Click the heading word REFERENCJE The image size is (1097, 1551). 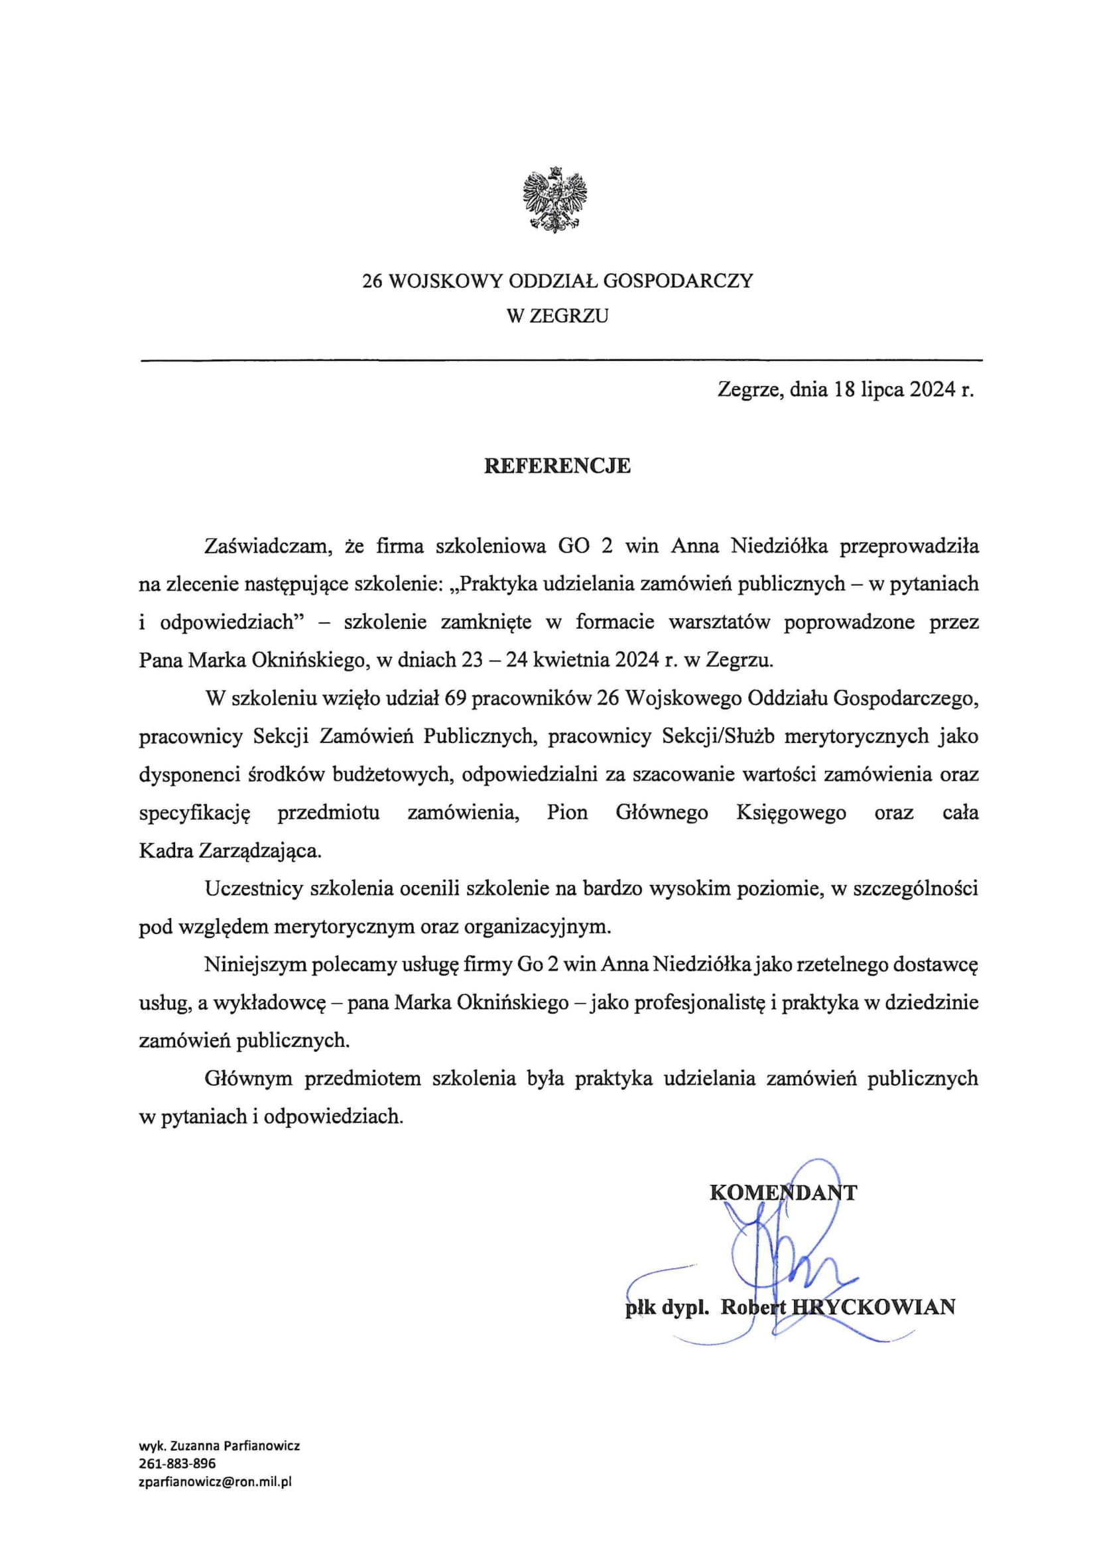556,466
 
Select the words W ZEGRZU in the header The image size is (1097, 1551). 557,316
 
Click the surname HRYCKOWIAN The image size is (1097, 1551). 873,1307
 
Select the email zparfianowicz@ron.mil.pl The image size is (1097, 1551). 215,1483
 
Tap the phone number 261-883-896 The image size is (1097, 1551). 177,1464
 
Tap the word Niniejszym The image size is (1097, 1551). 255,965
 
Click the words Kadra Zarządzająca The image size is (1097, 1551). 230,850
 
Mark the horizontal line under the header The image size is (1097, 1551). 560,361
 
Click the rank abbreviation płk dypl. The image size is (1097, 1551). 666,1307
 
